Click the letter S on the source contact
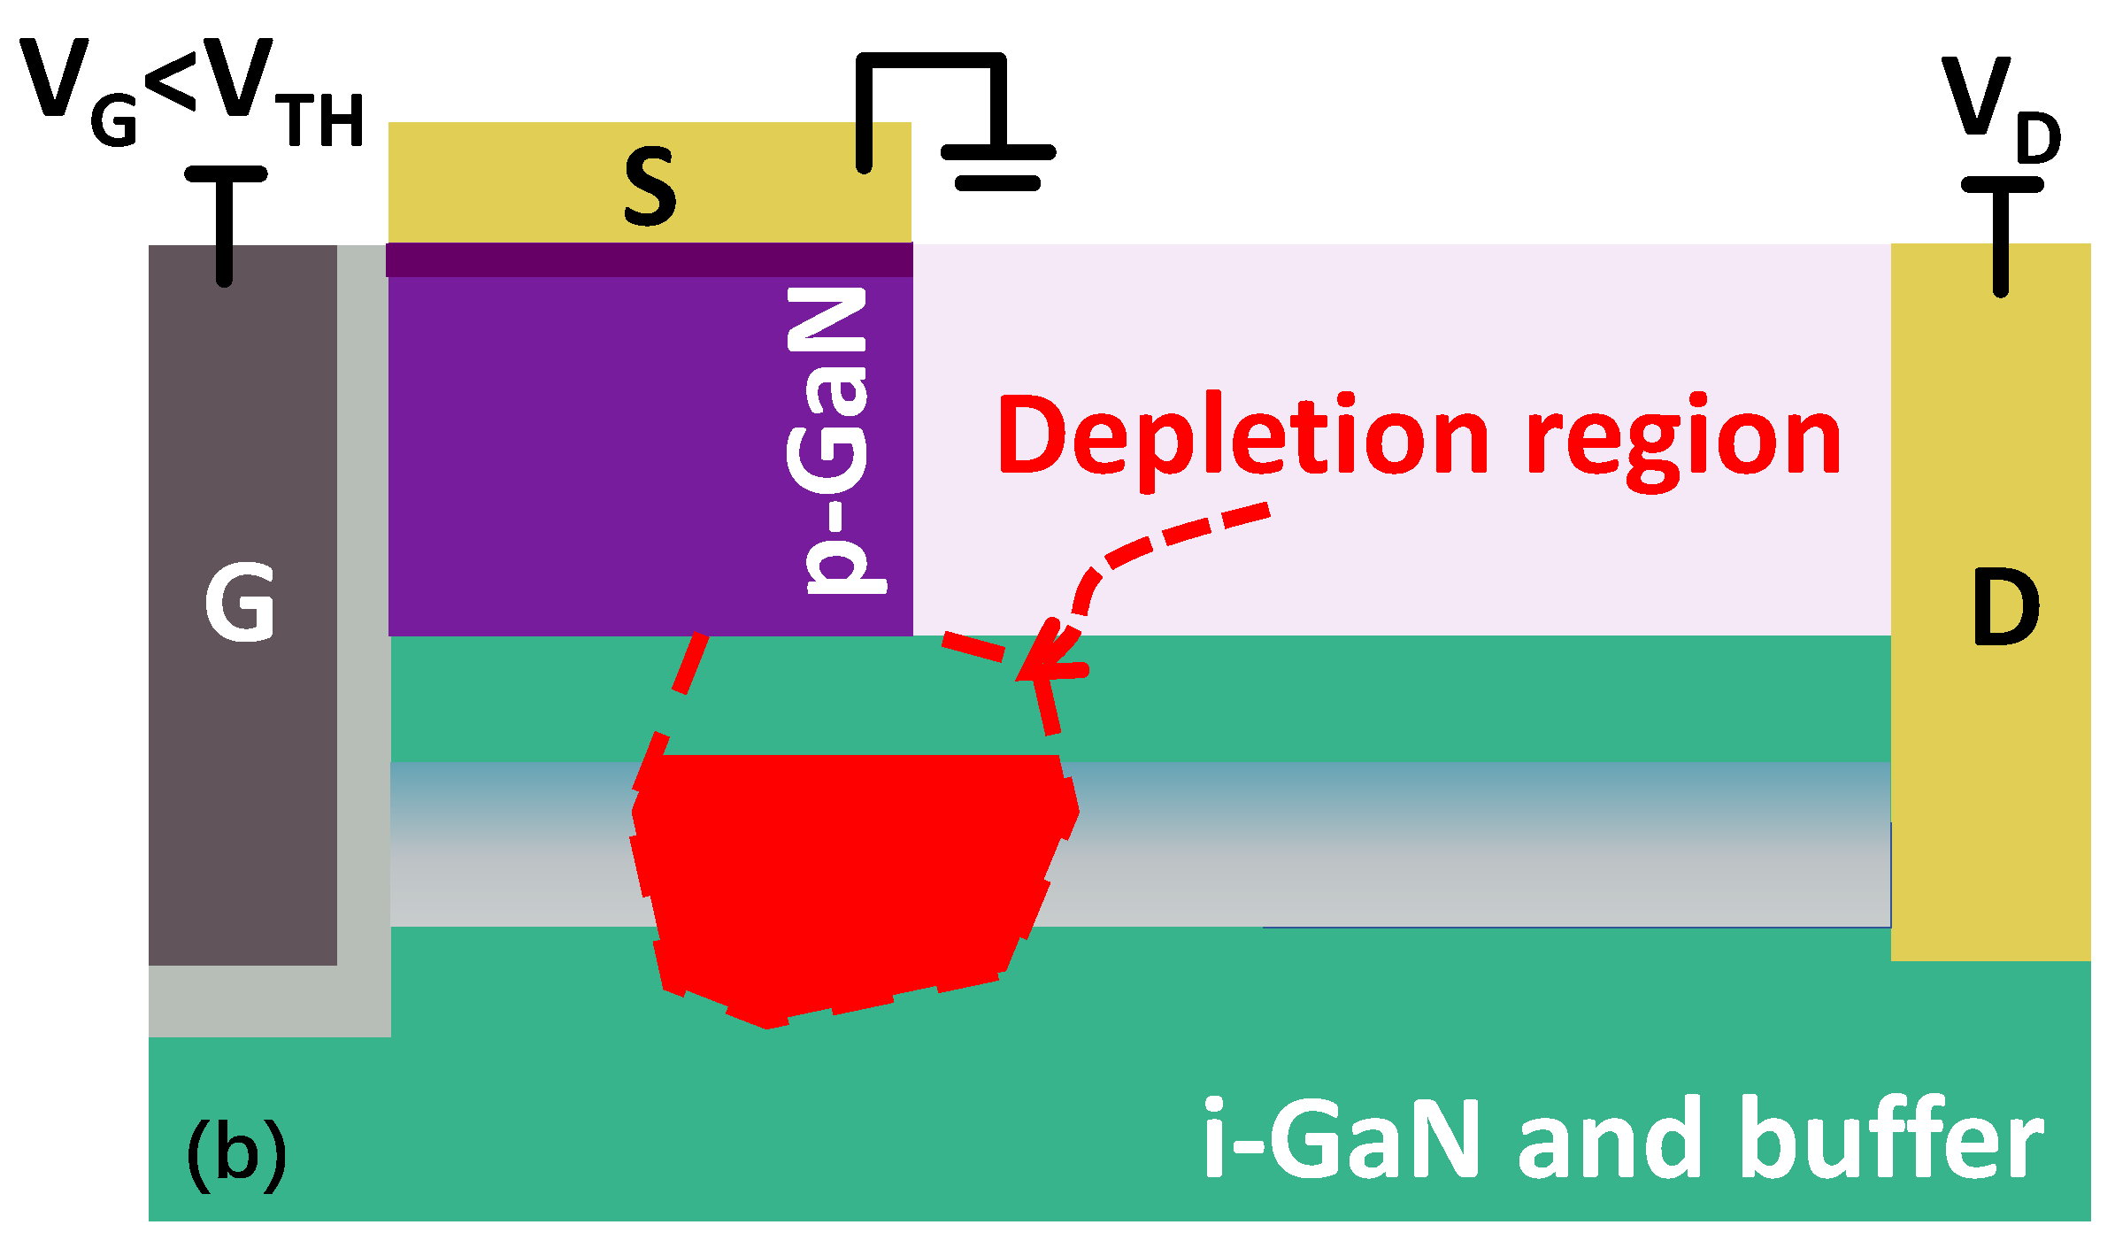tap(650, 187)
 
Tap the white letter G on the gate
tap(239, 602)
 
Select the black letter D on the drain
tap(2005, 607)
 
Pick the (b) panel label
tap(236, 1153)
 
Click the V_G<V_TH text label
tap(190, 93)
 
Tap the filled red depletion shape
tap(850, 876)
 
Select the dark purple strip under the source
tap(650, 260)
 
